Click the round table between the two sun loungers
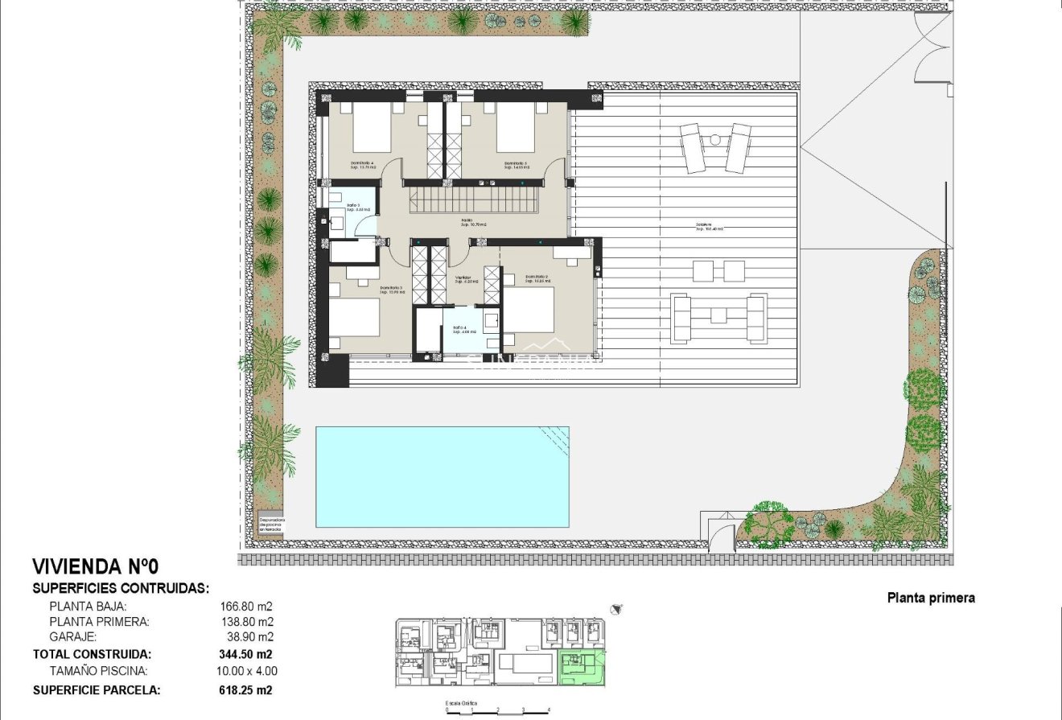(715, 140)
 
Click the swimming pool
(442, 476)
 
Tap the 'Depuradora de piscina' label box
(272, 523)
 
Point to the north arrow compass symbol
(617, 609)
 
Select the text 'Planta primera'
(931, 598)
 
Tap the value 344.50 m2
(245, 654)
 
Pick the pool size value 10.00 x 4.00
(249, 670)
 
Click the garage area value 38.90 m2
(247, 637)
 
